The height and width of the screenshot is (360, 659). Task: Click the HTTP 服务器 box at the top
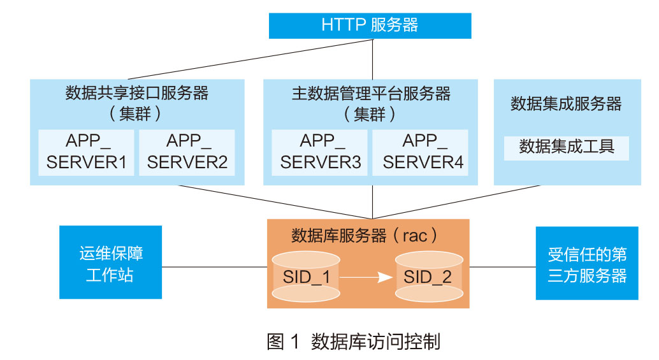[370, 25]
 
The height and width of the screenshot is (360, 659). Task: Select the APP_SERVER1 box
[87, 152]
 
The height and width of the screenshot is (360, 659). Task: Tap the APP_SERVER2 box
[187, 152]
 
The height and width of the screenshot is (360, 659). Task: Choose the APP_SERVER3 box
[320, 152]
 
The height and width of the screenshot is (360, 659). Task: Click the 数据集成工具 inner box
[567, 147]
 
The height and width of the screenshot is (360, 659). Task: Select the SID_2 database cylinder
[428, 277]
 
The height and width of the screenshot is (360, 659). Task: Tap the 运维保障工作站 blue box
[111, 263]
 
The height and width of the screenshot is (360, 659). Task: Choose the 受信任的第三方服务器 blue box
[586, 263]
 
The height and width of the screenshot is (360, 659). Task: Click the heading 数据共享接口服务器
[137, 94]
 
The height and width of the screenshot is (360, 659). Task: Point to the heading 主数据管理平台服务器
[371, 94]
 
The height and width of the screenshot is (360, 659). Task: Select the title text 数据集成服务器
[567, 104]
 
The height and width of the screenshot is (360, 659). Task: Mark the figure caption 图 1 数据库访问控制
[353, 342]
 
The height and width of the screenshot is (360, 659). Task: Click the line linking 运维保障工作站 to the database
[214, 267]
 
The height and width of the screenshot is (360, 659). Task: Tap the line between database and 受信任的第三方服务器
[502, 267]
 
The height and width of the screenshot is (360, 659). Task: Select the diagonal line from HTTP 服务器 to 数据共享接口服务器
[255, 59]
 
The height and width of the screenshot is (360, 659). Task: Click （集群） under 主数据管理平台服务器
[371, 115]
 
